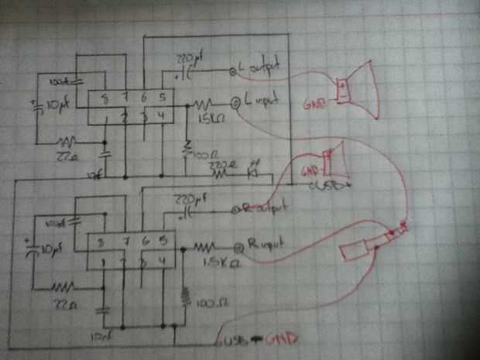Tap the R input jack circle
point(241,246)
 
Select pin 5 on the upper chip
point(162,98)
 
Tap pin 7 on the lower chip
point(125,242)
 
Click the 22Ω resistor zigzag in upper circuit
point(67,143)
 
